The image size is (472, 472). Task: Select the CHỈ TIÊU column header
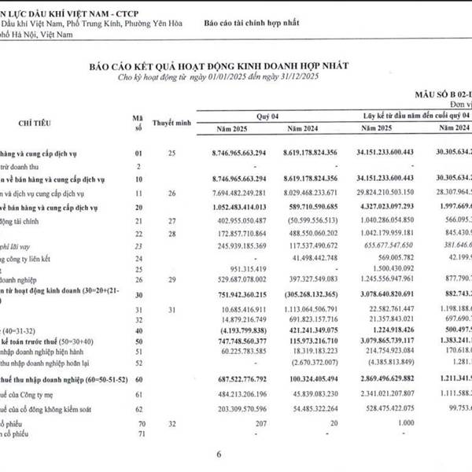[38, 124]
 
